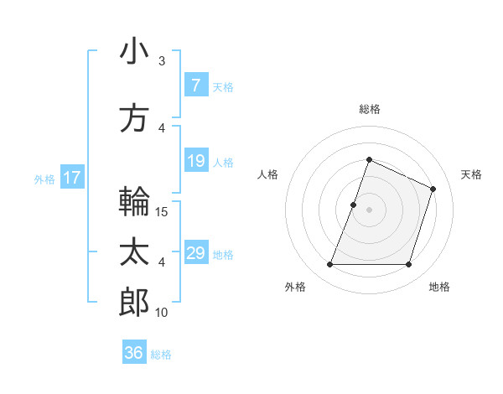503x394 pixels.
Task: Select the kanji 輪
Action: point(134,201)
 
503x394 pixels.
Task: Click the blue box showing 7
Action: point(195,86)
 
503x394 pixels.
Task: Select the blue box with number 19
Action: point(195,162)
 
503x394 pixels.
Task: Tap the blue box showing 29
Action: point(195,253)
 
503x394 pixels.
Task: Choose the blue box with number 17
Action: point(71,178)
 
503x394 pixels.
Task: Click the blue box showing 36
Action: point(134,353)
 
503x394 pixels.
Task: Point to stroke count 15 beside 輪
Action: point(163,211)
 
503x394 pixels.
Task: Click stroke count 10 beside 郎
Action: point(162,313)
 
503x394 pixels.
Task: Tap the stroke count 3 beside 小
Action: point(162,60)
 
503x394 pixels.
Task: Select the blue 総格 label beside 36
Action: point(161,355)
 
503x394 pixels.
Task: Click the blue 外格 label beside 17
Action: point(44,179)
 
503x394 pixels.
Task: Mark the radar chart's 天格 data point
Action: point(433,189)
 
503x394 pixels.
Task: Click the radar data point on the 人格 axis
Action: point(354,205)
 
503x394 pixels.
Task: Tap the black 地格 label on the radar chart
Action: point(439,287)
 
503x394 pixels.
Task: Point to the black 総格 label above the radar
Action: point(370,109)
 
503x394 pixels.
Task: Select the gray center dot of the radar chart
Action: point(370,210)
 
